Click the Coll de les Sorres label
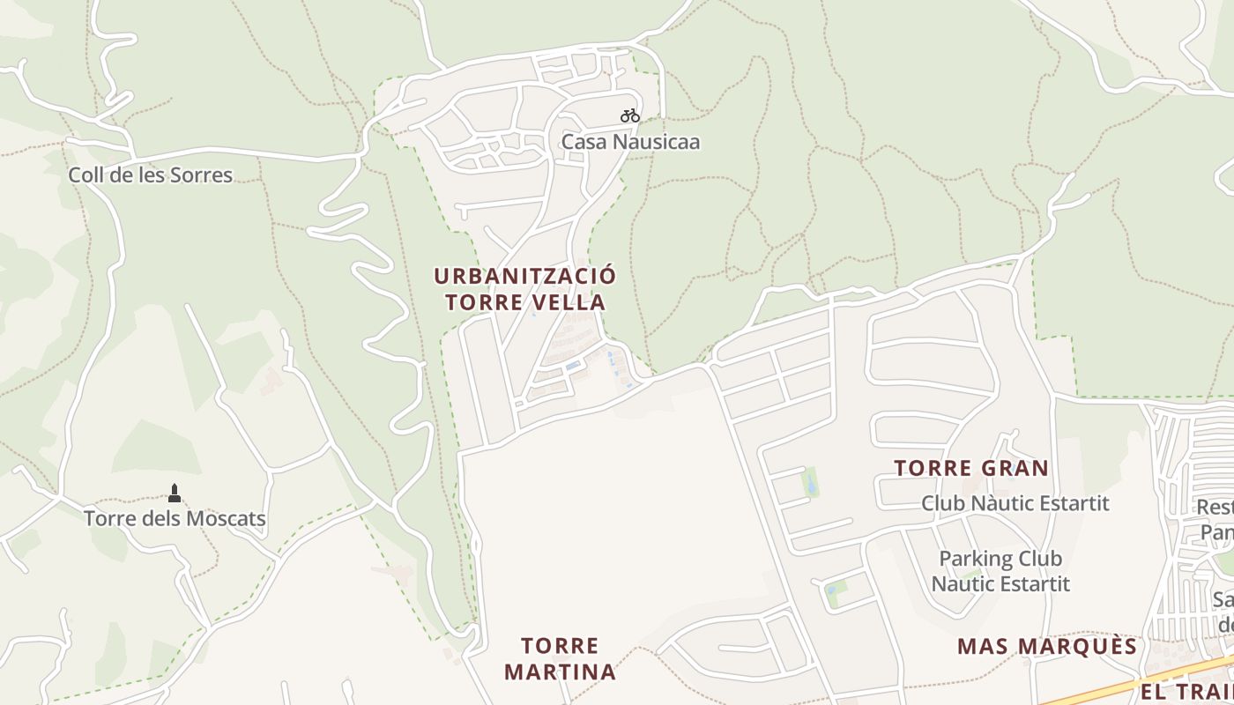[x=151, y=174]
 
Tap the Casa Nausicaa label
[x=631, y=141]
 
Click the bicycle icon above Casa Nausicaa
[x=629, y=115]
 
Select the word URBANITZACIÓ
[x=525, y=276]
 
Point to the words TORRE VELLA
[x=525, y=302]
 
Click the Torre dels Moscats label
[x=175, y=518]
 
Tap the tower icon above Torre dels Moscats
[x=175, y=493]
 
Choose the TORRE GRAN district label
[x=971, y=468]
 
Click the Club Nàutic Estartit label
[x=1015, y=503]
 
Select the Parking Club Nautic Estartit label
[x=1000, y=571]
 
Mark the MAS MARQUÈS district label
[x=1047, y=646]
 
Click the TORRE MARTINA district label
[x=560, y=658]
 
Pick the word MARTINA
[x=560, y=672]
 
